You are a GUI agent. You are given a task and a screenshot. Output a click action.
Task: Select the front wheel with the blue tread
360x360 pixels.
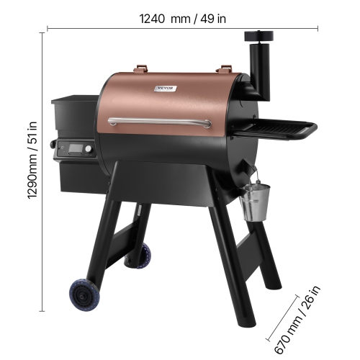click(84, 294)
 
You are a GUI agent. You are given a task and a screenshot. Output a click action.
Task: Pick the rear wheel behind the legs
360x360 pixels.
click(143, 254)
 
